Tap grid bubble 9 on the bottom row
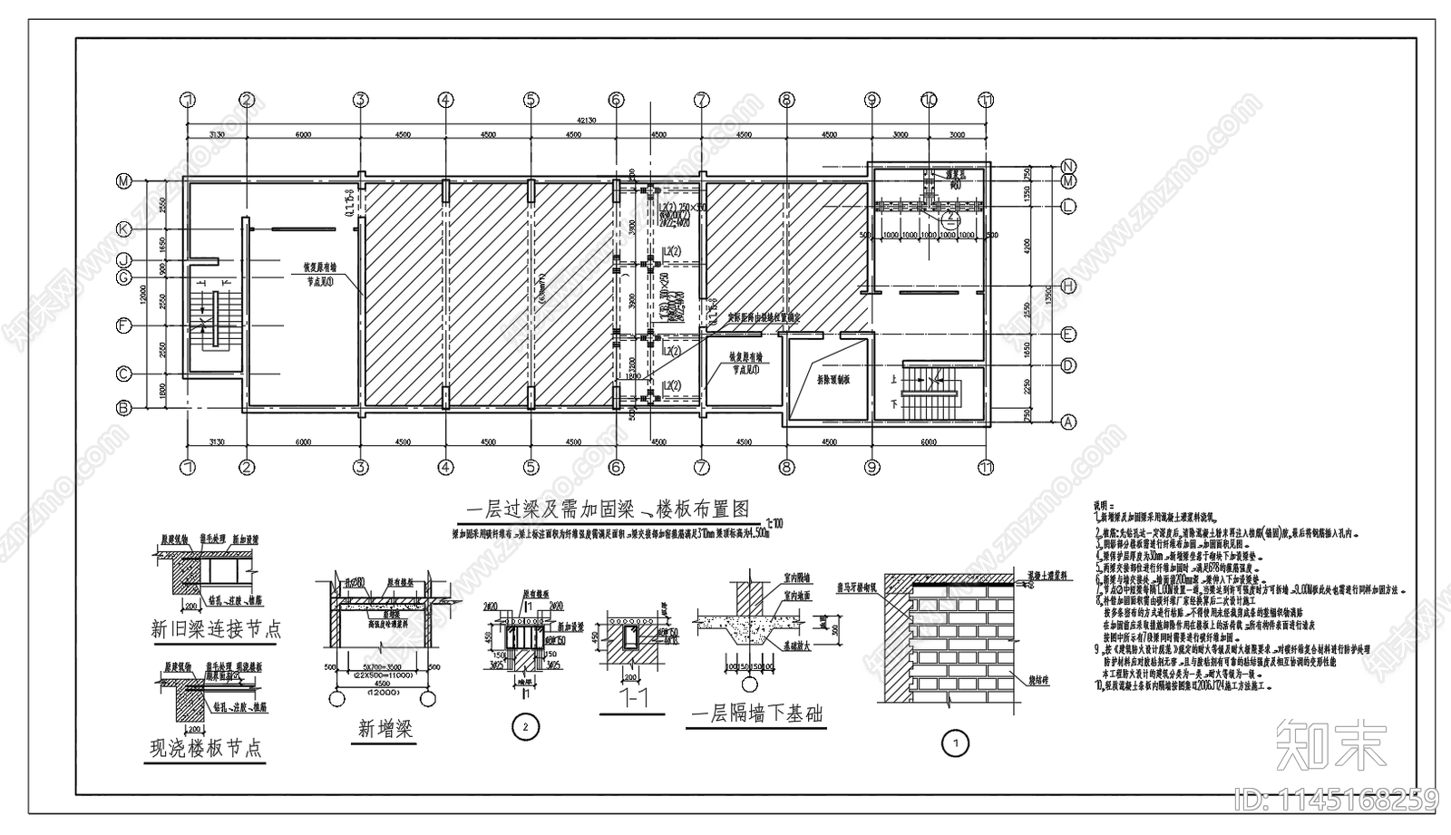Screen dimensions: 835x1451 872,468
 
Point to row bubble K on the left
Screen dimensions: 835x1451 123,229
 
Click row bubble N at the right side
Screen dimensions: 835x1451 1068,167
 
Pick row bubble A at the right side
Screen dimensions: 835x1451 1068,422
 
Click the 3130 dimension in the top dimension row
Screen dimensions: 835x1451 216,134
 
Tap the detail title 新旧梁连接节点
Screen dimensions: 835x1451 216,629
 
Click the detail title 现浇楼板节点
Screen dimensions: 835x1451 206,748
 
